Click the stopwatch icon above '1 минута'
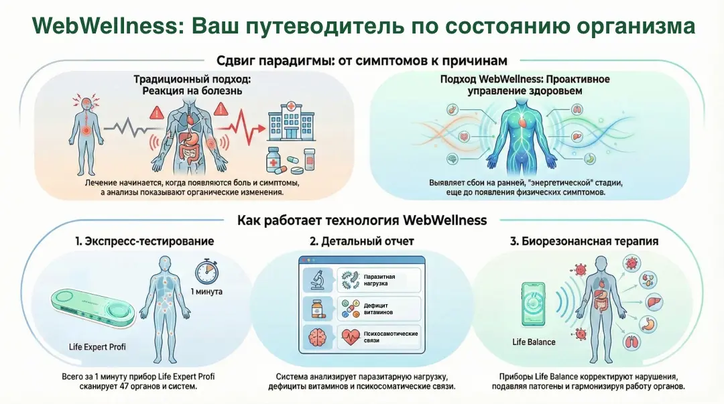coord(206,271)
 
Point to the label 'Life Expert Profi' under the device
coord(98,347)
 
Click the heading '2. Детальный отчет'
coord(361,241)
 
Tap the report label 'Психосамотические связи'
coord(389,337)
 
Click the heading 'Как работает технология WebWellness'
coord(362,220)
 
